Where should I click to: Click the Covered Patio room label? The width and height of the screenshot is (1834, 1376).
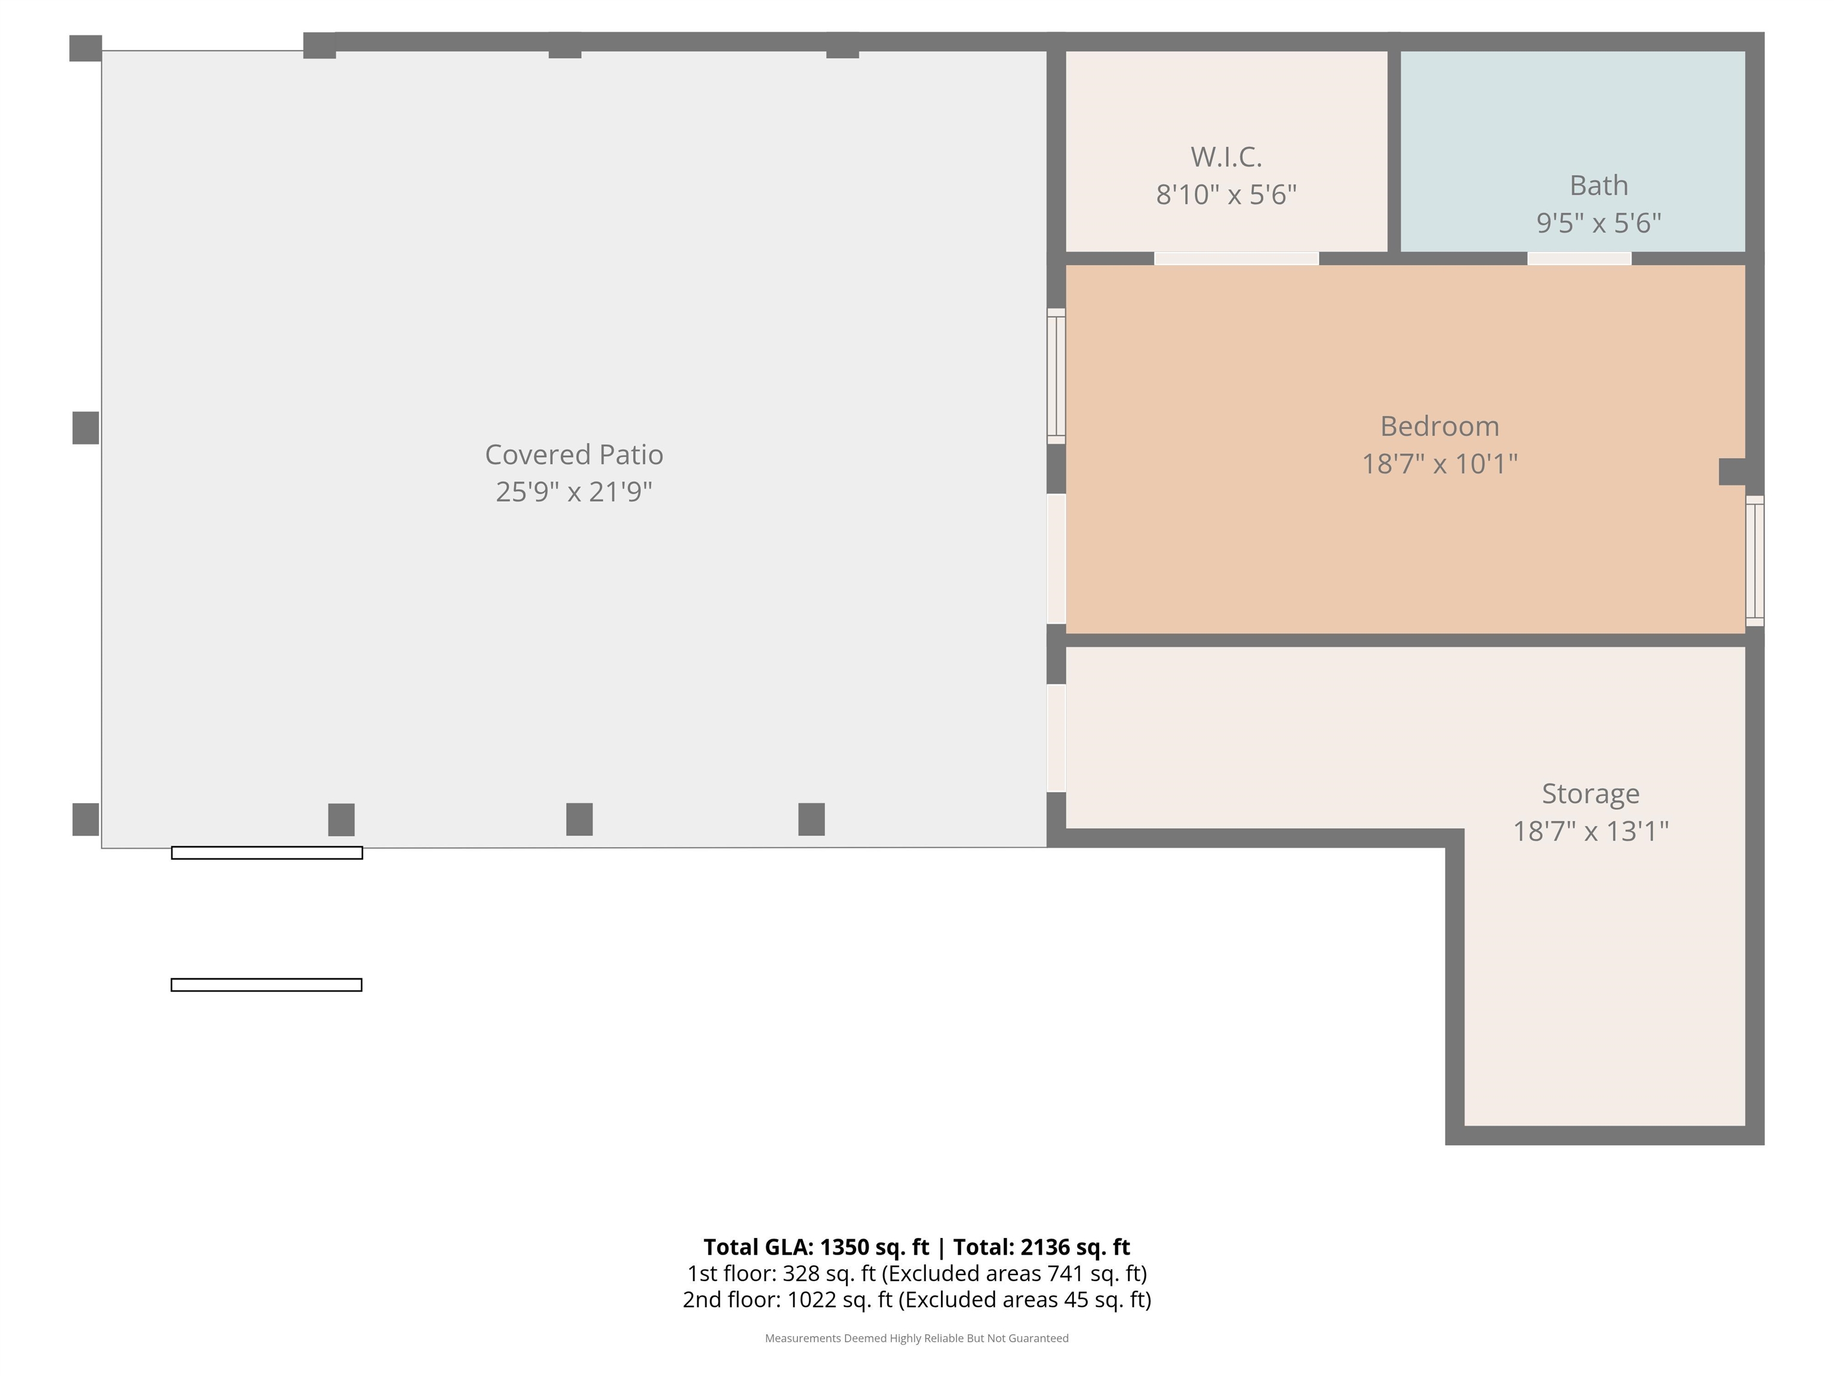tap(574, 454)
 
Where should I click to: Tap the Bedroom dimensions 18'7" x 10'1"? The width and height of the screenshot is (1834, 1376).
tap(1439, 463)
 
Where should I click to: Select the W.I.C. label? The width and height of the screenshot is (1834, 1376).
tap(1226, 156)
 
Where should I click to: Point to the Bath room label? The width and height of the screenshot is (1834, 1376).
tap(1599, 185)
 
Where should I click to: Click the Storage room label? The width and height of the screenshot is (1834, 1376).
tap(1590, 794)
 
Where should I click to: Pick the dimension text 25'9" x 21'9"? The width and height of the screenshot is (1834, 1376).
tap(574, 493)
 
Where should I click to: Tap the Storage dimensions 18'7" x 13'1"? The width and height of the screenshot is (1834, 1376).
tap(1590, 831)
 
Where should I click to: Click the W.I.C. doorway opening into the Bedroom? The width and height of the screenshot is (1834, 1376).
tap(1236, 259)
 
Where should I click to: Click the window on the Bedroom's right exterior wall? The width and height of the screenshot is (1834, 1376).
tap(1755, 561)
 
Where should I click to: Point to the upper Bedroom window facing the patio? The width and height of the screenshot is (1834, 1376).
tap(1056, 376)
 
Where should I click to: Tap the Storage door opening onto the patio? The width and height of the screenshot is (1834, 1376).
tap(1056, 738)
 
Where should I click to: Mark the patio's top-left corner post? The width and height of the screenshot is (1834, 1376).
tap(85, 48)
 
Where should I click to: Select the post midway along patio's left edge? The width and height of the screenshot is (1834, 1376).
tap(85, 428)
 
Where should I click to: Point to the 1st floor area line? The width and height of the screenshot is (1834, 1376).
tap(917, 1273)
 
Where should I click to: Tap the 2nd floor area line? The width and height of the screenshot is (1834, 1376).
tap(917, 1300)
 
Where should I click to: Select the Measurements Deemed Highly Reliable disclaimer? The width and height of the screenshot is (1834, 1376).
tap(917, 1338)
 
